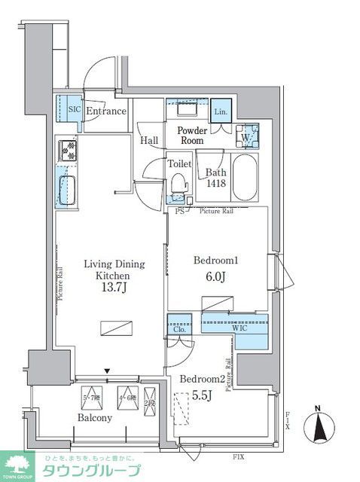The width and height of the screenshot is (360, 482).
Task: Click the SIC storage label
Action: click(x=74, y=110)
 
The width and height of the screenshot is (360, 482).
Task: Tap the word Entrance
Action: click(x=105, y=111)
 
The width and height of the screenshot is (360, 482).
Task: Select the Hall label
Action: click(x=148, y=140)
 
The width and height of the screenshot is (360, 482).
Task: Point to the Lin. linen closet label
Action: click(x=220, y=111)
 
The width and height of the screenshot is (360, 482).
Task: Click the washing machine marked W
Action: click(x=246, y=137)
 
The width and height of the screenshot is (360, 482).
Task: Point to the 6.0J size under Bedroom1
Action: click(x=215, y=276)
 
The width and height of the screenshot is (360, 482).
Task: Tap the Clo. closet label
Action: click(x=179, y=328)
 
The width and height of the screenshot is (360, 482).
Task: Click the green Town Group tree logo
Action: click(x=18, y=465)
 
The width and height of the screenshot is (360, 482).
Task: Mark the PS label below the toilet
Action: click(x=179, y=212)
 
